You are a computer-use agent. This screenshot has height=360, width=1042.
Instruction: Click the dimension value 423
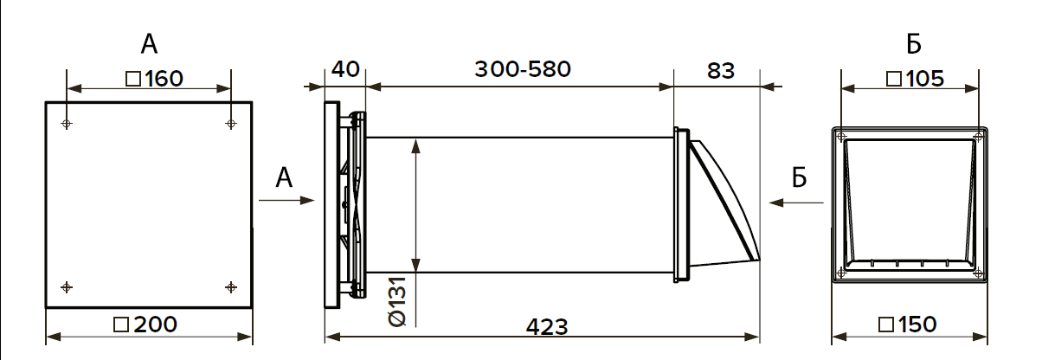coord(547,326)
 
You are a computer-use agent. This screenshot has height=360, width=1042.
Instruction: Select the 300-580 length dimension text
coord(523,70)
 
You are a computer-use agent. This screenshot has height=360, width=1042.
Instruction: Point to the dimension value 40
coord(345,70)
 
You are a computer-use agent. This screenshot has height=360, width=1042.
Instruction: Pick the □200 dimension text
coord(145,325)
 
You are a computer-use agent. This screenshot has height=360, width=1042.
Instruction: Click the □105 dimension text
coord(915,79)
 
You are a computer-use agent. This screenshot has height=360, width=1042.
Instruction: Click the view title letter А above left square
coord(149,43)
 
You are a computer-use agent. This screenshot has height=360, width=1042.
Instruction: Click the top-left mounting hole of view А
coord(67,124)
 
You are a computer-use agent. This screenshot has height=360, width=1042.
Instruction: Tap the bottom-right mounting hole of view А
coord(230,286)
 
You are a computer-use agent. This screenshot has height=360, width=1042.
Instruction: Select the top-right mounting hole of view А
coord(230,124)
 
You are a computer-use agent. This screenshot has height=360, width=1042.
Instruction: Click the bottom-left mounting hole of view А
coord(67,286)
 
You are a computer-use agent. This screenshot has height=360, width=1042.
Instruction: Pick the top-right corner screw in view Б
coord(977,137)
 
